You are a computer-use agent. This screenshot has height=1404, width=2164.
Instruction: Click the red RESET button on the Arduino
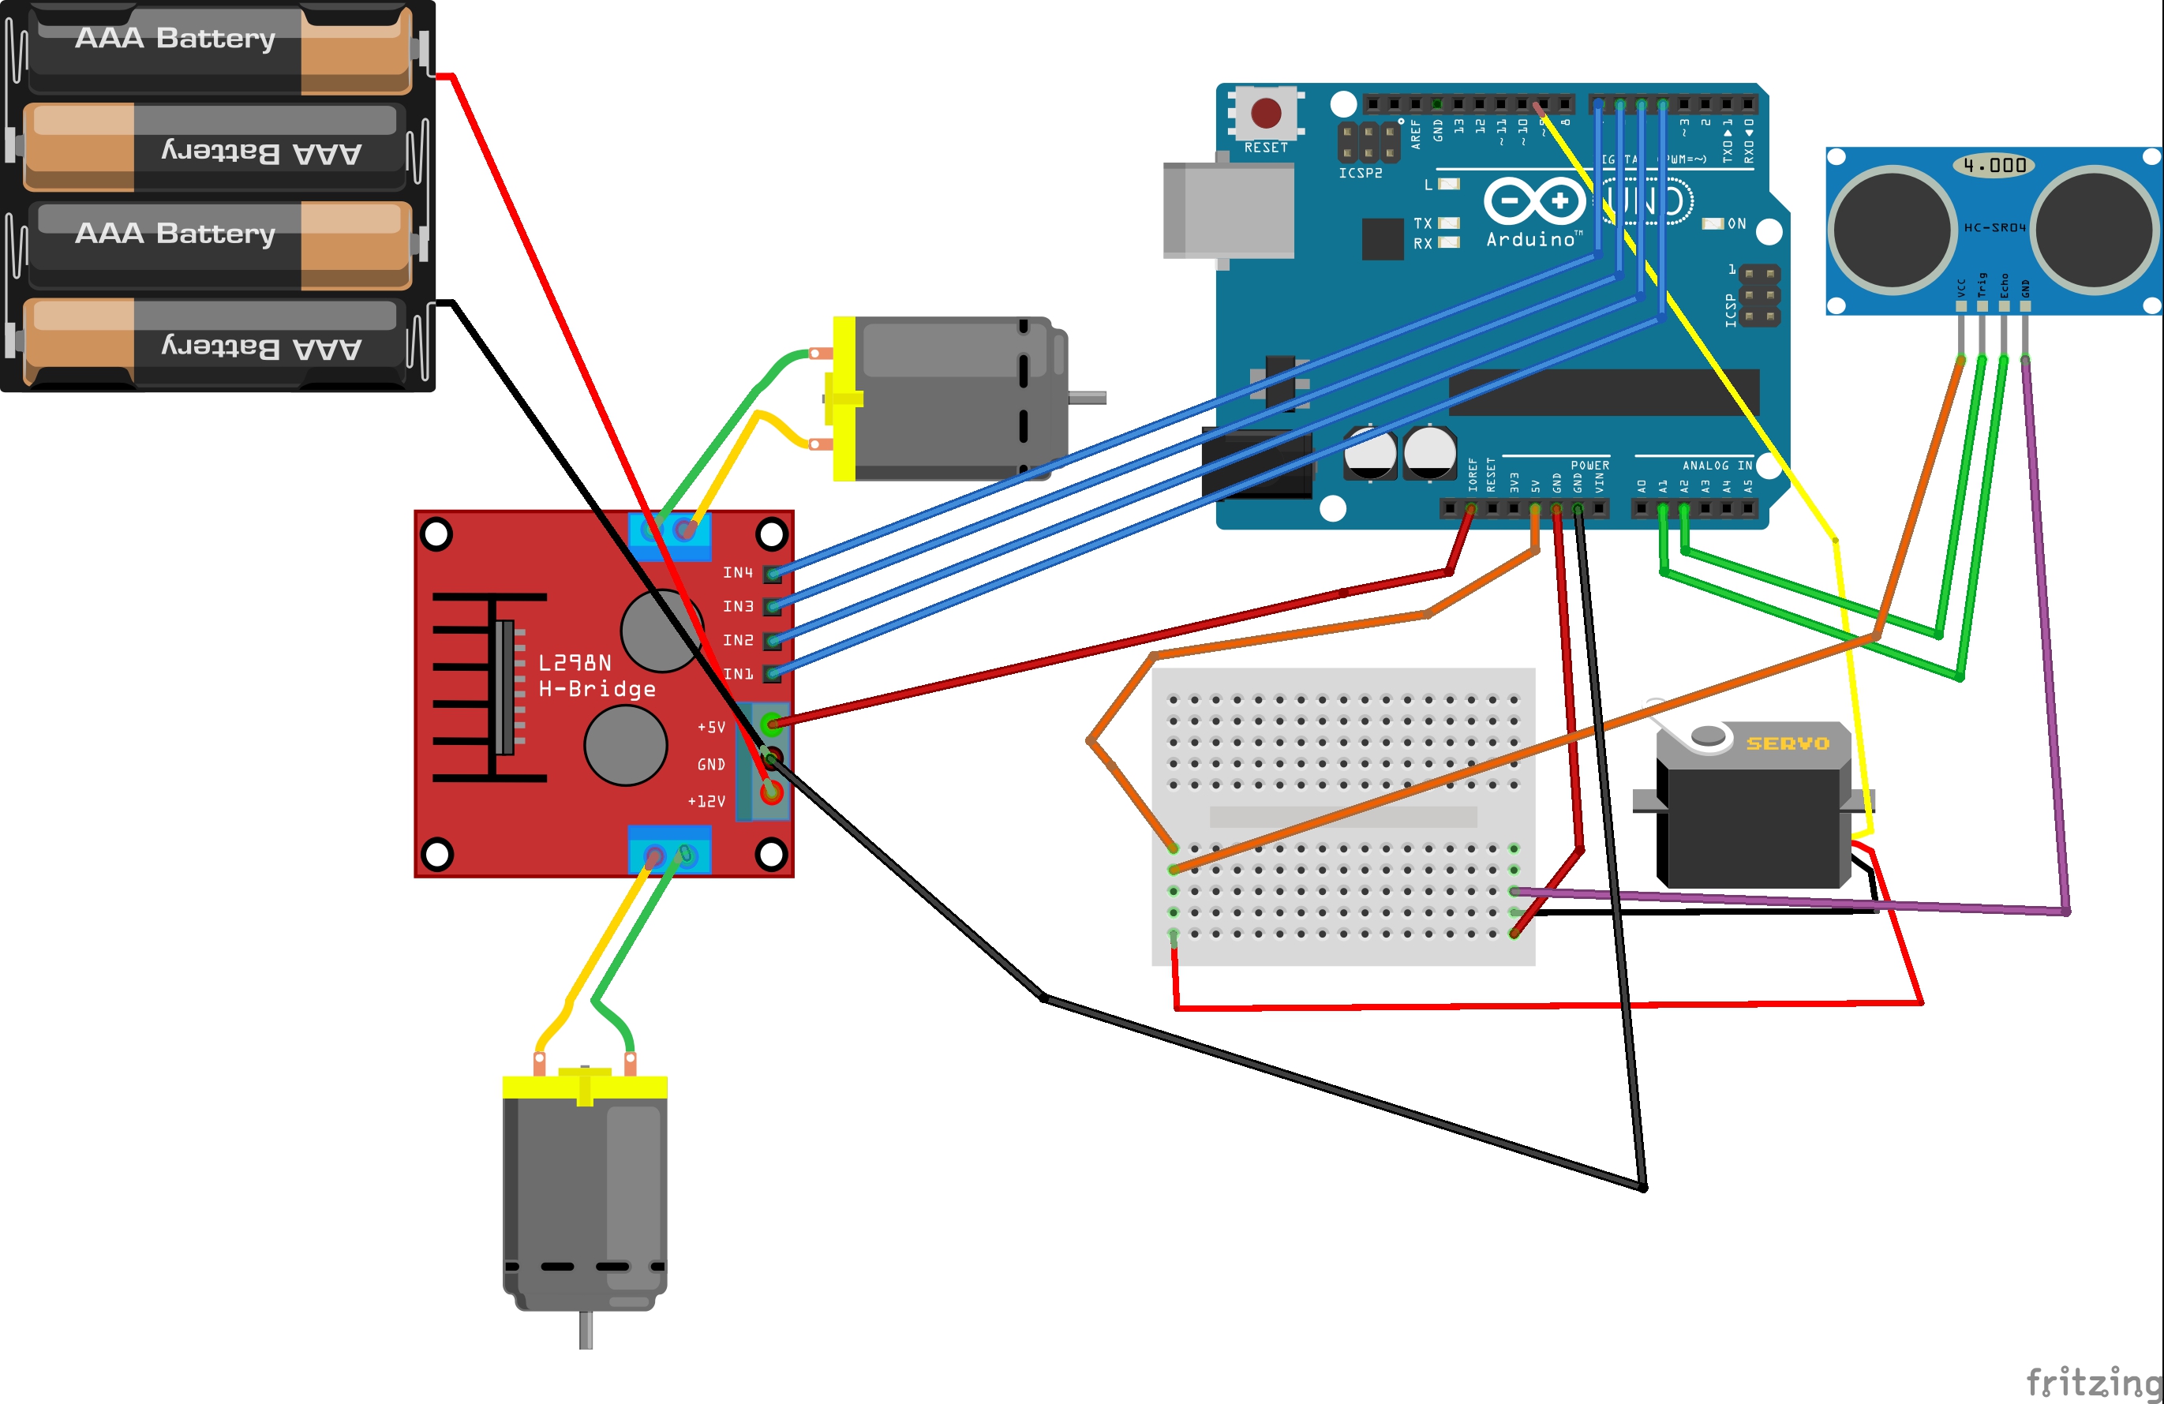point(1266,113)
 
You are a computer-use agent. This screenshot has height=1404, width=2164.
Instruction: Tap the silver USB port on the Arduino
point(1228,210)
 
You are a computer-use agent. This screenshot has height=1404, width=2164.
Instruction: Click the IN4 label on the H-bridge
point(737,573)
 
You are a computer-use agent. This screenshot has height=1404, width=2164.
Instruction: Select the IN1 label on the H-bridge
point(737,674)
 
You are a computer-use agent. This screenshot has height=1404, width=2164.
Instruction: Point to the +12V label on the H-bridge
point(706,801)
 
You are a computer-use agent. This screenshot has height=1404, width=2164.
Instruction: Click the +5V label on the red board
point(711,728)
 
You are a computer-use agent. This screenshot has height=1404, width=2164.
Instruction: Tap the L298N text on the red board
point(575,663)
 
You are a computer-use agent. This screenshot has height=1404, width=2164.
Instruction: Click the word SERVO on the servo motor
point(1787,744)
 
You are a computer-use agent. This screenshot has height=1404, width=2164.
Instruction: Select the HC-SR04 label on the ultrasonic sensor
point(1994,227)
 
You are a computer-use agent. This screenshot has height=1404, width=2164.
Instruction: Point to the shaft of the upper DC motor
point(1088,398)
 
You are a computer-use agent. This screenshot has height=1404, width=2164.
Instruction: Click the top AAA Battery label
point(174,38)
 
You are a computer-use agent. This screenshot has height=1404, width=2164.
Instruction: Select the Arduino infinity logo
point(1535,200)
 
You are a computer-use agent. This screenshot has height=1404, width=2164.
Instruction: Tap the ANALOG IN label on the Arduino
point(1717,466)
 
